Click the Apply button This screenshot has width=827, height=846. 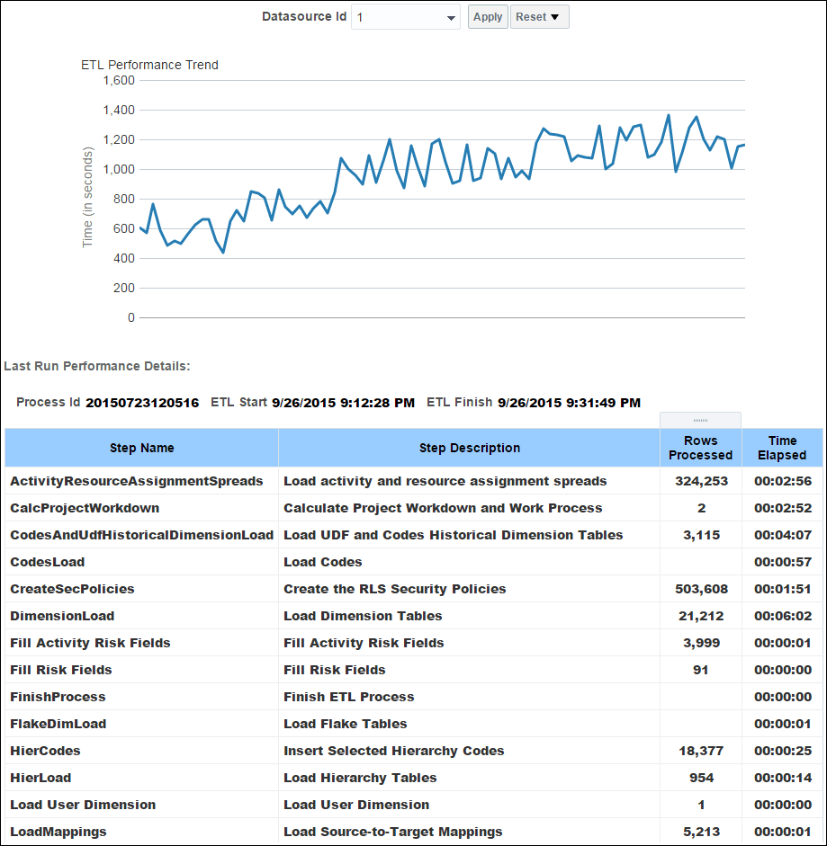pos(488,17)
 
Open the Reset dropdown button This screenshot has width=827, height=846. pos(539,17)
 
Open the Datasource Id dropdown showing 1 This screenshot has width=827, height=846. pos(406,17)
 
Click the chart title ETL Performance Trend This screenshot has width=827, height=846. pos(149,65)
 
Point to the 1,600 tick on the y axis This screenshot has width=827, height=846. pos(119,80)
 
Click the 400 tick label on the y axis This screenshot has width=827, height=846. pos(123,258)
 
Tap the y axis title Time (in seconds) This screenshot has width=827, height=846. pos(88,198)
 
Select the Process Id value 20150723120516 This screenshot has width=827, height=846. pos(142,403)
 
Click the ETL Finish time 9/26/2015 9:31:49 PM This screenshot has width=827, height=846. pos(569,403)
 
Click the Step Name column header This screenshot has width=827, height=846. pos(142,448)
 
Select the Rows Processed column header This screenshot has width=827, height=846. pos(700,448)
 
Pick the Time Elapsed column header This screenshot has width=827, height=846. pos(782,448)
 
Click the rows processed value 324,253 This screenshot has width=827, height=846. pos(701,481)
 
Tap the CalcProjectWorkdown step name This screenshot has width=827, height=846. pos(85,508)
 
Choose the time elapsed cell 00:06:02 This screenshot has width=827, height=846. pos(782,616)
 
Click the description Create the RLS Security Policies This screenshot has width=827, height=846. pos(395,589)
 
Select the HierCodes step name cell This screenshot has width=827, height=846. pos(45,751)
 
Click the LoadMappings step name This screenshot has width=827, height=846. pos(58,832)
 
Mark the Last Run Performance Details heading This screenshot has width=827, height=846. pos(97,366)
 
